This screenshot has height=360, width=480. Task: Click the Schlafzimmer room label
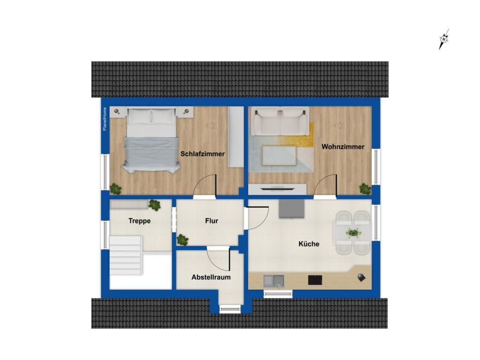(x=202, y=154)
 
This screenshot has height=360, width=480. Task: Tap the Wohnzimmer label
(x=343, y=147)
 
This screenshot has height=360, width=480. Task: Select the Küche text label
(x=309, y=244)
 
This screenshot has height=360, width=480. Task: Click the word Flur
(x=211, y=220)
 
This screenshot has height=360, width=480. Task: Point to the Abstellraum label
(x=211, y=277)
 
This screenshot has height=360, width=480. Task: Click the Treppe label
(x=140, y=220)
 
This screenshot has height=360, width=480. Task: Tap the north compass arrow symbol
(x=443, y=39)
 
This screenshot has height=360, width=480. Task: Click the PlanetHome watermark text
(x=105, y=119)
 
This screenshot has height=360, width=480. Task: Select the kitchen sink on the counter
(x=274, y=280)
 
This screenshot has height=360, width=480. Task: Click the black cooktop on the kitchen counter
(x=315, y=280)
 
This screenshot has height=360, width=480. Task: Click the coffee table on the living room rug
(x=279, y=156)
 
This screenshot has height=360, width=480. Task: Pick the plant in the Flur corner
(x=182, y=240)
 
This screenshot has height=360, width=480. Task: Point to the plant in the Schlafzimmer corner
(x=115, y=189)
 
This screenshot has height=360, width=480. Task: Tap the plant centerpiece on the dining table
(x=353, y=232)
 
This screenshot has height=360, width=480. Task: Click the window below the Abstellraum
(x=230, y=308)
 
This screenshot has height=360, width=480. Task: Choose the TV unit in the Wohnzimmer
(x=277, y=189)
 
